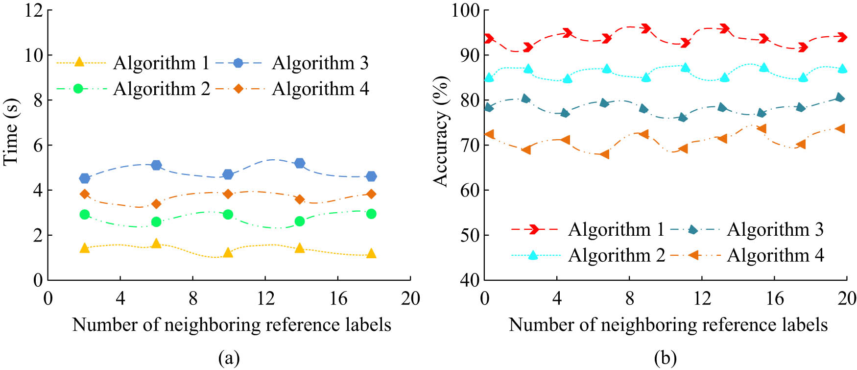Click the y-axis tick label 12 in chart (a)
pyautogui.click(x=35, y=10)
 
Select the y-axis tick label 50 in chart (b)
pyautogui.click(x=471, y=235)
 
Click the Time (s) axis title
pyautogui.click(x=11, y=132)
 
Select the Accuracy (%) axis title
pyautogui.click(x=441, y=131)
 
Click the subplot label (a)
pyautogui.click(x=229, y=359)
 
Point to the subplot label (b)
pyautogui.click(x=665, y=359)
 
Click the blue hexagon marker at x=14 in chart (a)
pyautogui.click(x=300, y=163)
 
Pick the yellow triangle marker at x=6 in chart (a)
pyautogui.click(x=156, y=244)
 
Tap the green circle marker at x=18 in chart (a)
pyautogui.click(x=371, y=214)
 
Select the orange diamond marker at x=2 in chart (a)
pyautogui.click(x=85, y=194)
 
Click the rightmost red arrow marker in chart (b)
pyautogui.click(x=841, y=37)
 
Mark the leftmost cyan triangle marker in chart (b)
pyautogui.click(x=489, y=77)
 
